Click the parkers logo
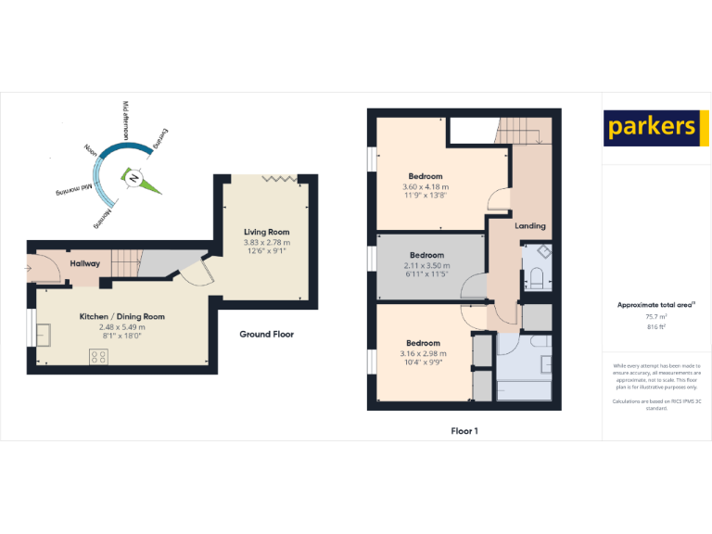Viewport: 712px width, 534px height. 651,127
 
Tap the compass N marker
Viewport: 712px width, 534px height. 135,177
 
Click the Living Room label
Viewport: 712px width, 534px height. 267,232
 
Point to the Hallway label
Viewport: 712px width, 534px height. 85,263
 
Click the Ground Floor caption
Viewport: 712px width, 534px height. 266,334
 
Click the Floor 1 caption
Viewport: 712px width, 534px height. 464,430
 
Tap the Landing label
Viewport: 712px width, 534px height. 530,225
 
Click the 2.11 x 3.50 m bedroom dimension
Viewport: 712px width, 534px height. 426,265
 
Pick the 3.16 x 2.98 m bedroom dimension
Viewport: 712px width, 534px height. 423,353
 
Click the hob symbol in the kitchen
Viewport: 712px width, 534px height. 99,356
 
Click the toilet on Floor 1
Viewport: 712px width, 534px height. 537,277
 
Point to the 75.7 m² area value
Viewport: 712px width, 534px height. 656,315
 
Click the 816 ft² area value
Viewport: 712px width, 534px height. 656,325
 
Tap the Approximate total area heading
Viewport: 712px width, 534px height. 655,304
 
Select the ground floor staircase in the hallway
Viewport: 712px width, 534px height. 124,262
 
